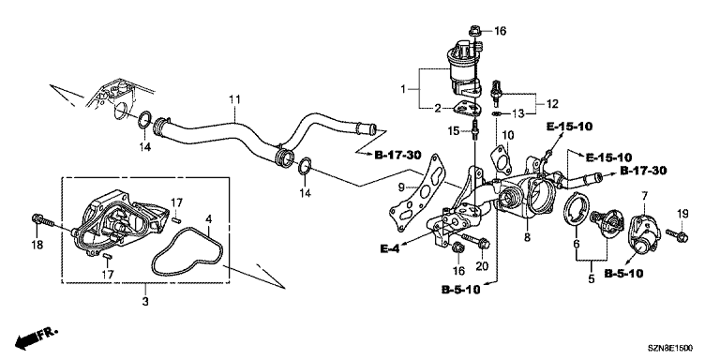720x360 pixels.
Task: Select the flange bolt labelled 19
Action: pyautogui.click(x=676, y=234)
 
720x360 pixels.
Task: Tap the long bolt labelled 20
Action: pyautogui.click(x=476, y=241)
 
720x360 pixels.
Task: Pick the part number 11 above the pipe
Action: pyautogui.click(x=234, y=99)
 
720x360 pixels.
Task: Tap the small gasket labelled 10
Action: pyautogui.click(x=502, y=157)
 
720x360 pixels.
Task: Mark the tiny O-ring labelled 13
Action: pyautogui.click(x=495, y=112)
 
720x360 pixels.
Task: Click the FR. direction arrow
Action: pyautogui.click(x=37, y=337)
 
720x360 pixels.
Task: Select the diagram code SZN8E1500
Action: pyautogui.click(x=670, y=349)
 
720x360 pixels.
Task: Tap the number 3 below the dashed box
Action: pyautogui.click(x=145, y=302)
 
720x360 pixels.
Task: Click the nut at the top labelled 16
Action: pyautogui.click(x=474, y=31)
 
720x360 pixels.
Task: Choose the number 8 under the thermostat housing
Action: pyautogui.click(x=527, y=237)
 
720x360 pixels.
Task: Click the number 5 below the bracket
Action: pyautogui.click(x=592, y=278)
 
